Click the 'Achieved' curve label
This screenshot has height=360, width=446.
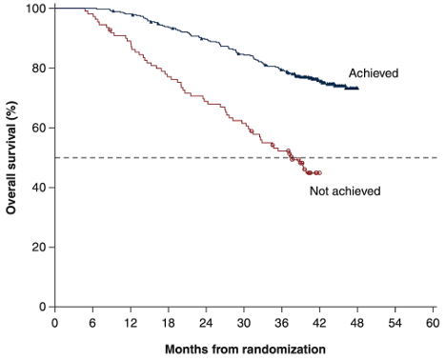pyautogui.click(x=373, y=73)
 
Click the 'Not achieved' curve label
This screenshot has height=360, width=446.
pyautogui.click(x=345, y=191)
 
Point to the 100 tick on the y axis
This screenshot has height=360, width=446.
pyautogui.click(x=36, y=9)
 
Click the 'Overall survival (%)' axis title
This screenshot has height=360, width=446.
pyautogui.click(x=12, y=157)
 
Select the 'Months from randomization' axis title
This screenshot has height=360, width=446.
pyautogui.click(x=244, y=349)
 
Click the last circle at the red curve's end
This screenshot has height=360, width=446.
pyautogui.click(x=319, y=172)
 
